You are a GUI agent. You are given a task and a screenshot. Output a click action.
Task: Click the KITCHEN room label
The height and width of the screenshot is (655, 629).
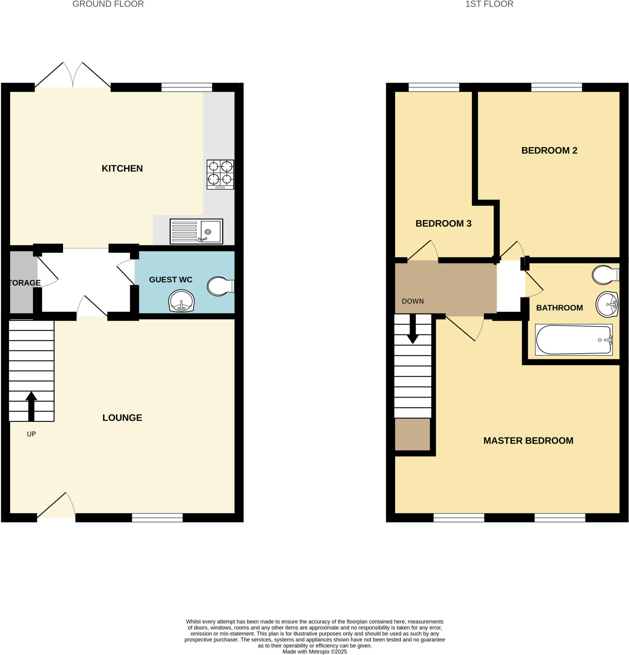122,169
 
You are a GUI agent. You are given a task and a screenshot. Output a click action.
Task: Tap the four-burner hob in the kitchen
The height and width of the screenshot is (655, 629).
220,174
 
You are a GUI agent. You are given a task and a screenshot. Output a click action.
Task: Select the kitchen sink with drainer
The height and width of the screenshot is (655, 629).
196,231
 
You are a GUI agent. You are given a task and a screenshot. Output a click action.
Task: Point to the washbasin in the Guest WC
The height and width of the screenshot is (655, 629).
181,301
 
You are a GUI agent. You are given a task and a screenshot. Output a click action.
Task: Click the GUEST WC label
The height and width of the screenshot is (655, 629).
171,280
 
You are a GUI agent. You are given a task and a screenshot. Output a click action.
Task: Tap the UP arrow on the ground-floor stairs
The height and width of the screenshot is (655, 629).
31,406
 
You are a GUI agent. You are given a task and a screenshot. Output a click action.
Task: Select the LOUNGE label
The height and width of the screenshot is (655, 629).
122,418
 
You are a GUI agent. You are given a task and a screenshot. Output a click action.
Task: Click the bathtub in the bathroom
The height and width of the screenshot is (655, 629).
574,340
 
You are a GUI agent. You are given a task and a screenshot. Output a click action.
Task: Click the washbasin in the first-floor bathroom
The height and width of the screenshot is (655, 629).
607,304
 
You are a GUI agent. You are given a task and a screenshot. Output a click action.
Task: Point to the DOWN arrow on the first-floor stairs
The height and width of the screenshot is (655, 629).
413,329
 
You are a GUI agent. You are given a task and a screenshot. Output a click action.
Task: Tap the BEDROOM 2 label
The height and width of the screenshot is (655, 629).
549,150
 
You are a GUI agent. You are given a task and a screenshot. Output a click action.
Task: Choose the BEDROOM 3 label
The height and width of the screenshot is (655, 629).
443,224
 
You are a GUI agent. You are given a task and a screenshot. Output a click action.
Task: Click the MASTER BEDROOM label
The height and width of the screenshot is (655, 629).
528,441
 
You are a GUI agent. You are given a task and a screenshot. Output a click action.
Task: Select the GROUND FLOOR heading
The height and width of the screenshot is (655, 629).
108,4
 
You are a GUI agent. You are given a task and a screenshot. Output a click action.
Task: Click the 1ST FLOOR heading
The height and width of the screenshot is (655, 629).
489,4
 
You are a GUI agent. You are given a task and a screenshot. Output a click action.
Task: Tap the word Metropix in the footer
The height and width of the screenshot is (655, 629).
319,652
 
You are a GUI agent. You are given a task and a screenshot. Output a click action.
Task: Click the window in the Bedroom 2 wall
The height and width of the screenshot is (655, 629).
556,88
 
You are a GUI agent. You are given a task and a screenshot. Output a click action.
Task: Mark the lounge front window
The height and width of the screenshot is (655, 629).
157,518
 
